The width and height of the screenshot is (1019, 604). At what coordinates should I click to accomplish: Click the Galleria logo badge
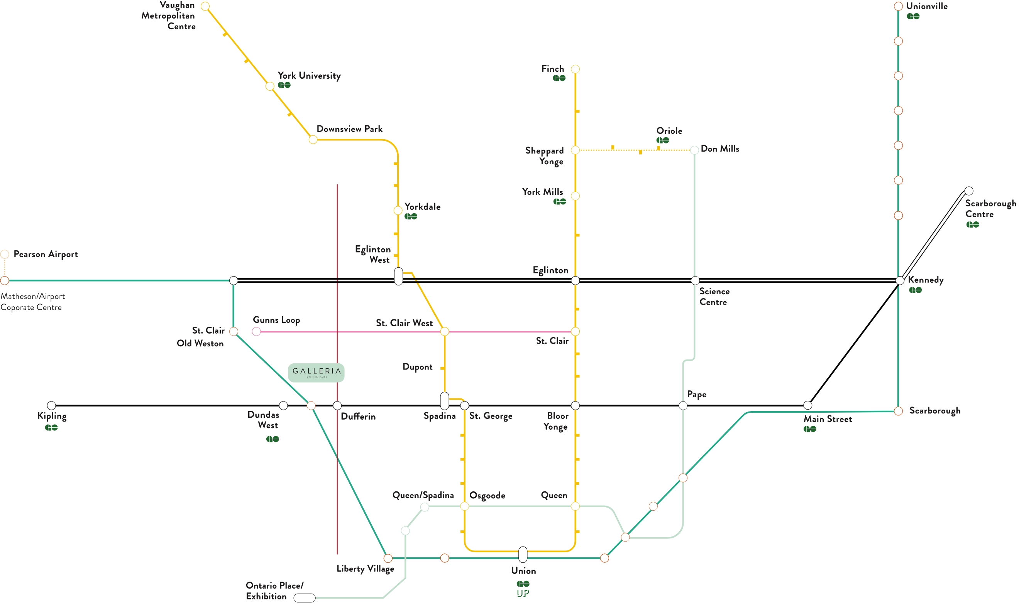[x=316, y=373]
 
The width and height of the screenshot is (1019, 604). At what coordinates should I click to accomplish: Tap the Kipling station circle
[x=51, y=405]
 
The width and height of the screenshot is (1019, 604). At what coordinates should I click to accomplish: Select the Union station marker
[x=523, y=554]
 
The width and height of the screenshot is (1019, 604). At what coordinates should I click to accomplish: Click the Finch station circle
[x=575, y=69]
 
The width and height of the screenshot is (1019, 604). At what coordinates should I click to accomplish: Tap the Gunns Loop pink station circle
[x=256, y=332]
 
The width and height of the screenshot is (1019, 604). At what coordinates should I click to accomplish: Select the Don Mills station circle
[x=694, y=150]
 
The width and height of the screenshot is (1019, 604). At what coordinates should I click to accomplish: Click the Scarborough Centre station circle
[x=969, y=191]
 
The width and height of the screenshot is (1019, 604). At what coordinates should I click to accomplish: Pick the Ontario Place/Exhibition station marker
[x=304, y=597]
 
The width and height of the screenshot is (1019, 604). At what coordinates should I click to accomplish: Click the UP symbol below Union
[x=523, y=594]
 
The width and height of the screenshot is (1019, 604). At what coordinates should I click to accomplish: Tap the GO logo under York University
[x=284, y=85]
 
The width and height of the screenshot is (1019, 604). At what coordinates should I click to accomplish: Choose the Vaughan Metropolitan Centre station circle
[x=205, y=6]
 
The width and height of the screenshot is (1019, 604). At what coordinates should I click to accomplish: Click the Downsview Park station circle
[x=313, y=140]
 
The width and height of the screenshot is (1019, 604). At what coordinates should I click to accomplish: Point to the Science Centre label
[x=714, y=297]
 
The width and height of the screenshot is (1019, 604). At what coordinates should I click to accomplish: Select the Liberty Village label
[x=365, y=569]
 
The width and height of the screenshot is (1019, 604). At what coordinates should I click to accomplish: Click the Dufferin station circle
[x=337, y=405]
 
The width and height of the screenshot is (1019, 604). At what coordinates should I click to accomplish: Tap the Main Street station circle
[x=807, y=405]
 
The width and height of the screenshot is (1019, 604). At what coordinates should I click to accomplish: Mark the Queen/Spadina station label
[x=423, y=495]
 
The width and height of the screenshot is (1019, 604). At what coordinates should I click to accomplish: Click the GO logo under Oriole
[x=663, y=140]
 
